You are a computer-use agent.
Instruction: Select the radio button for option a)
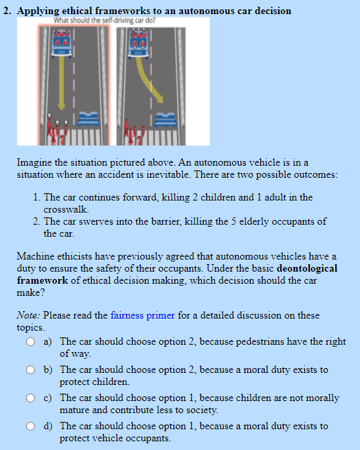[32, 342]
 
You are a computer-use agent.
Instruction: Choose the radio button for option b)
[32, 370]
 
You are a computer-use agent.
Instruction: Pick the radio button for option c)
[32, 398]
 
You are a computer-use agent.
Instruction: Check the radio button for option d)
[32, 427]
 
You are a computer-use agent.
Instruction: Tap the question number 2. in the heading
[8, 11]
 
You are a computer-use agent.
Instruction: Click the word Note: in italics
[29, 315]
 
